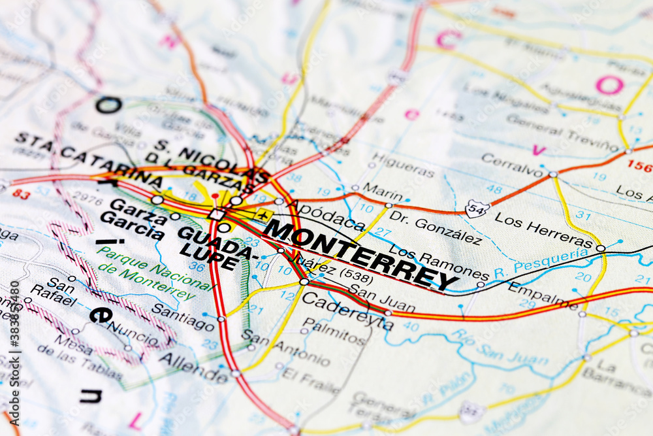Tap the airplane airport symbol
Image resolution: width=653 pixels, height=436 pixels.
263,214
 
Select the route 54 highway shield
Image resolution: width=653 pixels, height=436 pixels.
477,209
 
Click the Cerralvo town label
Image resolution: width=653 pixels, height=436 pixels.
513,165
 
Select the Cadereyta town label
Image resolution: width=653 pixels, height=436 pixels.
347,309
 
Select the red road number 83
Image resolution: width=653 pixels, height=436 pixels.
21,194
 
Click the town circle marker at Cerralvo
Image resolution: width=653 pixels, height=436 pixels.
552,175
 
